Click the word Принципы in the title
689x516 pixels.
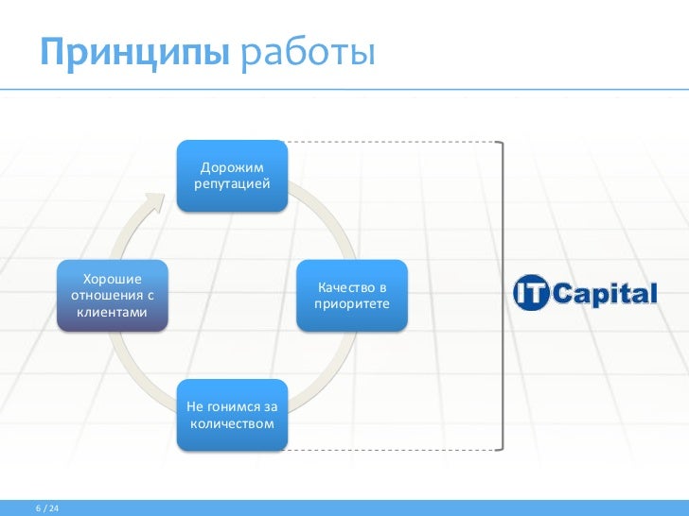point(133,52)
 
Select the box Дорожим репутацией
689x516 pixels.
point(232,175)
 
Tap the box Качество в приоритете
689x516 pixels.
point(352,295)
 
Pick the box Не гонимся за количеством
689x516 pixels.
point(232,415)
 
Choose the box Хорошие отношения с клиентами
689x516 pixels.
point(112,295)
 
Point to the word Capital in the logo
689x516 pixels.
point(605,294)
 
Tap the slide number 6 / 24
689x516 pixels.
point(47,509)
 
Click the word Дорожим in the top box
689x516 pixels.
point(232,166)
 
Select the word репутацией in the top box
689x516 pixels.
point(232,183)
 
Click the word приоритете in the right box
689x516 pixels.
point(352,304)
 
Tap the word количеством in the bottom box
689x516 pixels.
point(232,423)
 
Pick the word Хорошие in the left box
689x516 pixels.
point(112,278)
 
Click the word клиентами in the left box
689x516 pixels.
point(112,312)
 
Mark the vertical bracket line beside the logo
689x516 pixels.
point(503,293)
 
